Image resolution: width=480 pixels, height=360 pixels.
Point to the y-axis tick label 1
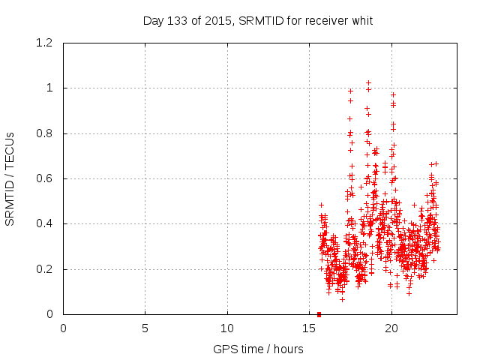pos(51,88)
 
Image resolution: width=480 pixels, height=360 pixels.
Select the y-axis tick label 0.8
pos(46,133)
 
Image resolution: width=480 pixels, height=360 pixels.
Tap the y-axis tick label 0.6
pos(46,178)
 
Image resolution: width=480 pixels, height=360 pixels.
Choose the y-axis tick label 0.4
pos(46,224)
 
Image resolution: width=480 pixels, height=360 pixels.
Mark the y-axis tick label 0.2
pos(46,269)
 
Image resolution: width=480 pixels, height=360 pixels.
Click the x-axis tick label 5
pos(145,328)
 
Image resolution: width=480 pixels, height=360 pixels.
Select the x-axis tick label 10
pos(227,328)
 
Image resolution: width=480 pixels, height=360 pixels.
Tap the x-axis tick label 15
pos(310,328)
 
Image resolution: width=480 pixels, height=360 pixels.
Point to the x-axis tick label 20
pos(391,328)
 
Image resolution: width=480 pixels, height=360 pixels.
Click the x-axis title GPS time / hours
pos(258,349)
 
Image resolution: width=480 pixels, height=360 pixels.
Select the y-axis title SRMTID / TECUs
pos(10,178)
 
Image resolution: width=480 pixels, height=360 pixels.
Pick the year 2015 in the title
pos(215,20)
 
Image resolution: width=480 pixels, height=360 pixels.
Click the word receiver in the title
pos(324,20)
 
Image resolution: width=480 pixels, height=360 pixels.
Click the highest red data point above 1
pos(368,82)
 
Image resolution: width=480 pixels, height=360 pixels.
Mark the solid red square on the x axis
pos(319,314)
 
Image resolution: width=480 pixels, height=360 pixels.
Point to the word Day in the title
pos(153,20)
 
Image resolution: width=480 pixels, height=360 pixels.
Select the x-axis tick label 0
pos(64,328)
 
